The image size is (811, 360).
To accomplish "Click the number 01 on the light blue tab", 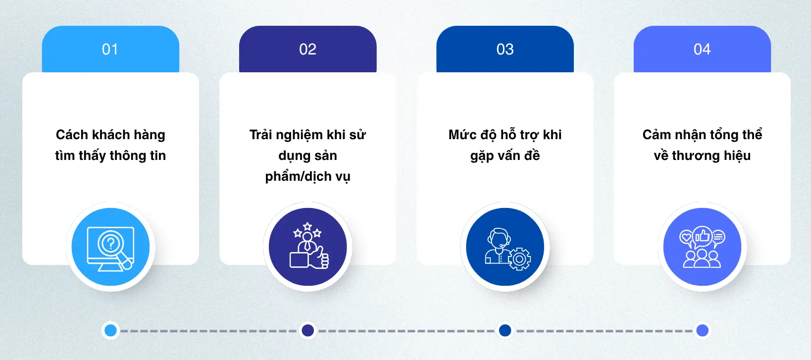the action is tap(110, 49).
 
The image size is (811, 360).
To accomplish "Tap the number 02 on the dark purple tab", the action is tap(308, 49).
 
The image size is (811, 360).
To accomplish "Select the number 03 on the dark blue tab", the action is tap(505, 49).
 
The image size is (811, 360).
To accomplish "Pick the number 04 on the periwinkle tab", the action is tap(702, 49).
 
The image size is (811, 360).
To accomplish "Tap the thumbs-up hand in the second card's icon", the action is tap(319, 258).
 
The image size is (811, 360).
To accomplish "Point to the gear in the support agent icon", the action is tap(519, 259).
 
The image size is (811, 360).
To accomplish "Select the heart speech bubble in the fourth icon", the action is tap(686, 238).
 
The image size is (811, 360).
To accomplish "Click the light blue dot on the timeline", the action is tap(110, 330).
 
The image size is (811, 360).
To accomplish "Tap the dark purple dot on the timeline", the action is tap(308, 330).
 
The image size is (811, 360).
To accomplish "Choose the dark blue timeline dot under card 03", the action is tap(505, 330).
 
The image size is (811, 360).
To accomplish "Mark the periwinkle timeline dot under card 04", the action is tap(703, 330).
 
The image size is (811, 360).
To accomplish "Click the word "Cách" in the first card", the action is tap(72, 135).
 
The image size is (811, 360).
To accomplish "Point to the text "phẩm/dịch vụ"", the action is tap(308, 177).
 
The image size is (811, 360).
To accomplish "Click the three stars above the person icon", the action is tap(307, 230).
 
